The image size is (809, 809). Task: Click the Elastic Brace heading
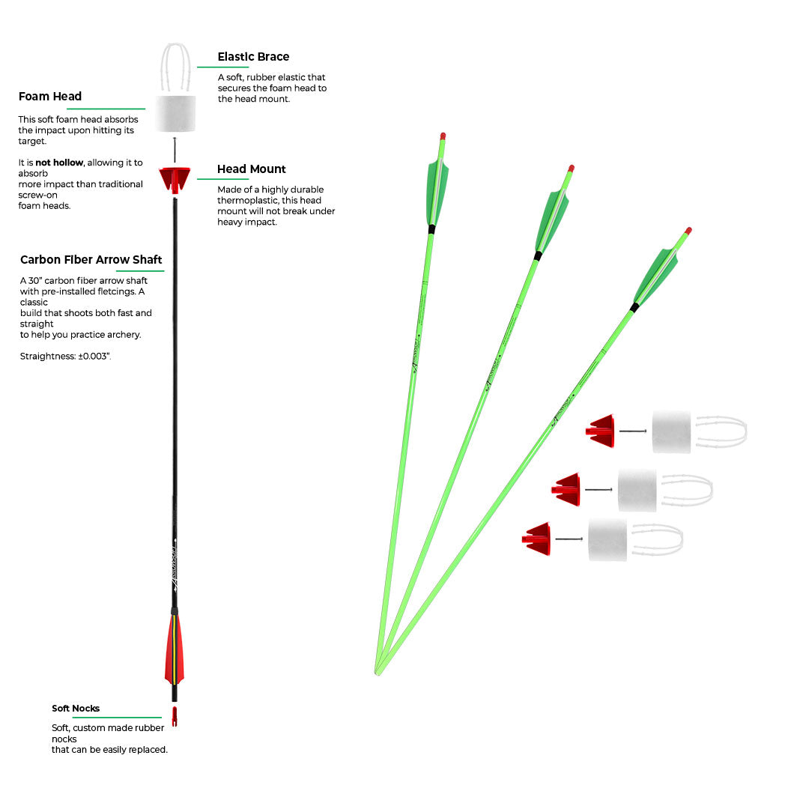click(253, 57)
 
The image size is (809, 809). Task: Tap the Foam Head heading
click(50, 97)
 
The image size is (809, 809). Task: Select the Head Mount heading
click(252, 169)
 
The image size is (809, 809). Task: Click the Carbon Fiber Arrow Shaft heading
click(91, 260)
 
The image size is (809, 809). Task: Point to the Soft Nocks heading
click(76, 709)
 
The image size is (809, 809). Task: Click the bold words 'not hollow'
click(59, 163)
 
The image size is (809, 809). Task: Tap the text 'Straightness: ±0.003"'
click(65, 357)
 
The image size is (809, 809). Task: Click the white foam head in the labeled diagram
click(176, 114)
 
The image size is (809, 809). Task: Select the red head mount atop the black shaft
click(175, 179)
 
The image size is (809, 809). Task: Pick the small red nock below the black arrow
click(175, 716)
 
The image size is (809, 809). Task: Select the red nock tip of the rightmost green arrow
click(688, 231)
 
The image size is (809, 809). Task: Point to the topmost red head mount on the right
click(602, 431)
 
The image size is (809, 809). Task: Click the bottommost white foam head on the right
click(607, 539)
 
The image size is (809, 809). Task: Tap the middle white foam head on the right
click(637, 491)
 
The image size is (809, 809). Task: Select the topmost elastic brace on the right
click(721, 431)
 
